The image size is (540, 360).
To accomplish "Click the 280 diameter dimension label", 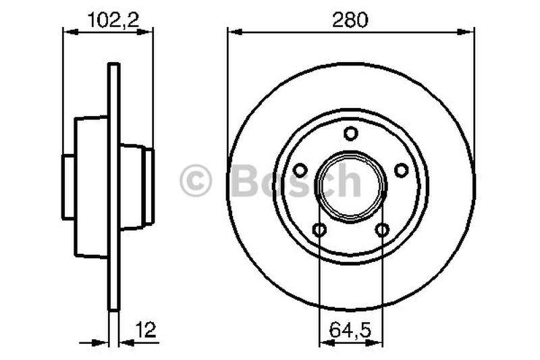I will pos(350,20).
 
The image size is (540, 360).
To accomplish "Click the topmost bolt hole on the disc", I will pos(350,134).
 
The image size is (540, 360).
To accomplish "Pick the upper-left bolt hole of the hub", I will pos(301,170).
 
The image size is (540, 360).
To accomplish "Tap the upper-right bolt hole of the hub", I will pos(401,170).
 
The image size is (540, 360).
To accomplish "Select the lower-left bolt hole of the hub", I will pos(320,230).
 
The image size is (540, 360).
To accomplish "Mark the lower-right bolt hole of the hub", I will pos(382,230).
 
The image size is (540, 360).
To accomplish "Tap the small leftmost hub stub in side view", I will pos(67,186).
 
